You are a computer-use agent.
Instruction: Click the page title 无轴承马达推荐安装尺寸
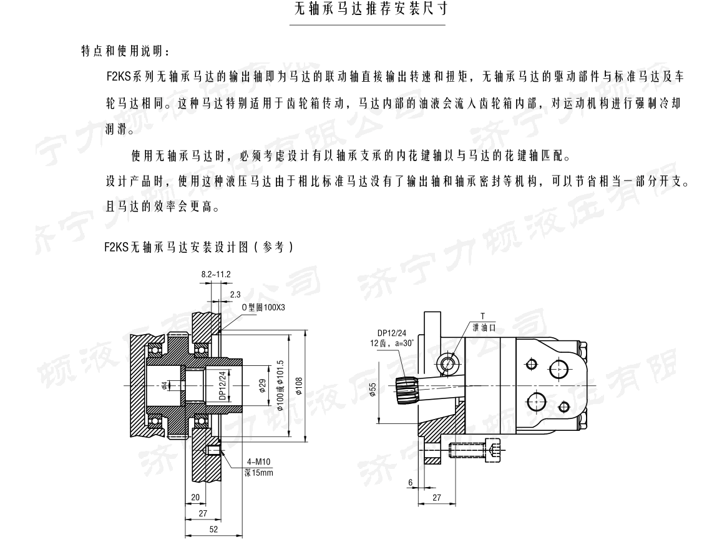click(368, 11)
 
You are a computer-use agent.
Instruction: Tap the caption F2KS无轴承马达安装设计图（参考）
click(198, 247)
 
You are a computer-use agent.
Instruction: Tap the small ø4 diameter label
click(163, 386)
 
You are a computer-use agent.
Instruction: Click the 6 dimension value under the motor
click(410, 483)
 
